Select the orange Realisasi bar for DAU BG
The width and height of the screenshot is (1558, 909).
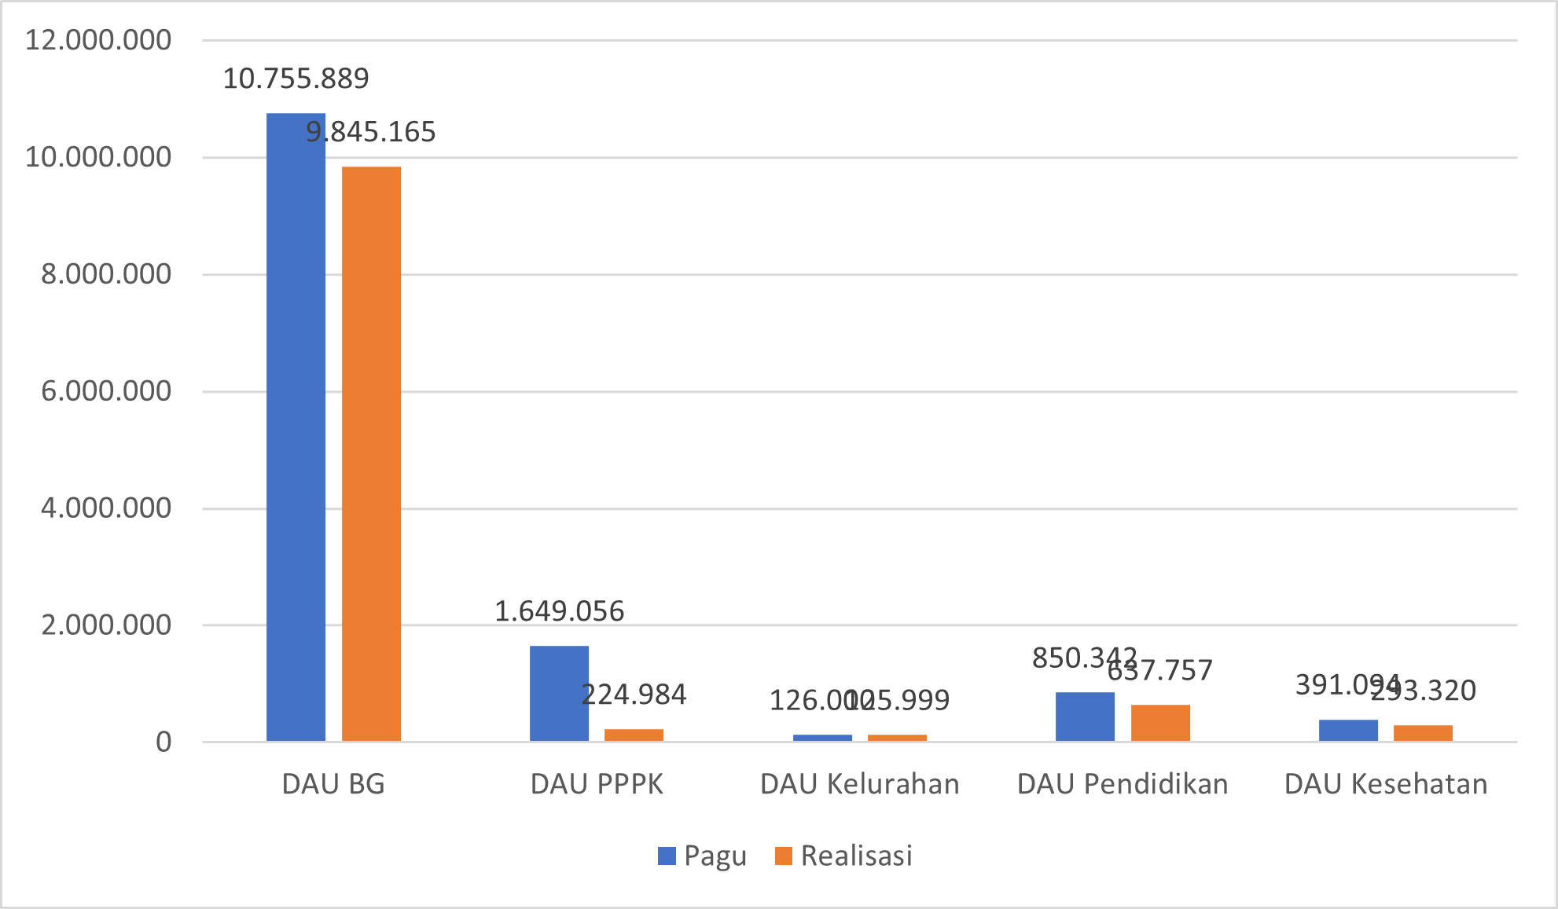coord(371,453)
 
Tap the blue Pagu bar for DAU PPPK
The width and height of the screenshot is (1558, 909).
coord(559,693)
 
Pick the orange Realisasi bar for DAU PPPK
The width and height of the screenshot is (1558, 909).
coord(634,735)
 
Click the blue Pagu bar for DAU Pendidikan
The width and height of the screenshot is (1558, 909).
coord(1085,717)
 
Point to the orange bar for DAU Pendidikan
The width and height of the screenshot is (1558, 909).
coord(1160,723)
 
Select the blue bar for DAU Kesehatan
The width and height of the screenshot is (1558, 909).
coord(1348,731)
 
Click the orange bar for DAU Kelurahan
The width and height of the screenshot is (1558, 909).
coord(897,738)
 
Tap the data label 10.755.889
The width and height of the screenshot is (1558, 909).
coord(296,79)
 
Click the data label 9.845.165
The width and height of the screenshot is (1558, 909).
coord(371,132)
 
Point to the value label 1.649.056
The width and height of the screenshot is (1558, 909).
coord(559,611)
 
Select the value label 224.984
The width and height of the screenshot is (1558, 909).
coord(634,695)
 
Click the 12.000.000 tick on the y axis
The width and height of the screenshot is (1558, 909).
coord(98,40)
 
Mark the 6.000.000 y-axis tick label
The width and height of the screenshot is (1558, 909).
coord(106,390)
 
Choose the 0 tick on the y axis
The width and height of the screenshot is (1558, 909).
coord(164,742)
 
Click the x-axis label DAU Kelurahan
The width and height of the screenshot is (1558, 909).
coord(859,784)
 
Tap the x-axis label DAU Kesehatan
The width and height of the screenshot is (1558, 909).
coord(1386,784)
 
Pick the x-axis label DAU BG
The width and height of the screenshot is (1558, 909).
coord(333,784)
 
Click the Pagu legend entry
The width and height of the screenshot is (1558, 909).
coord(702,856)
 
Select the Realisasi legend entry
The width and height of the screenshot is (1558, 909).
coord(843,856)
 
